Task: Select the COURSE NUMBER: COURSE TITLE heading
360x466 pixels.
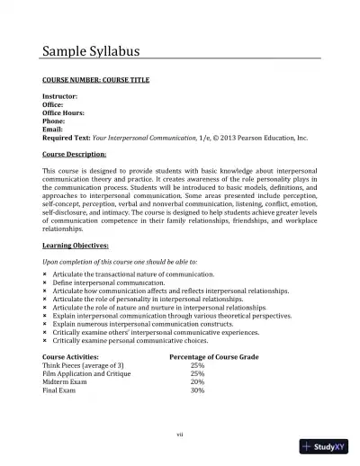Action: tap(96, 80)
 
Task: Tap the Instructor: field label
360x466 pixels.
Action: tap(60, 96)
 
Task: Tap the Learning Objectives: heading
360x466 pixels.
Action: tap(76, 245)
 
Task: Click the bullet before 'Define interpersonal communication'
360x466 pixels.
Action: tap(45, 283)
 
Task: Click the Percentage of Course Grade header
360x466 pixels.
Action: tap(214, 358)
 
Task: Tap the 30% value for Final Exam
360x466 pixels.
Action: tap(197, 390)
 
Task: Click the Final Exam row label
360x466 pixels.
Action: tap(59, 390)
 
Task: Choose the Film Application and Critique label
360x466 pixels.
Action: tap(85, 374)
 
